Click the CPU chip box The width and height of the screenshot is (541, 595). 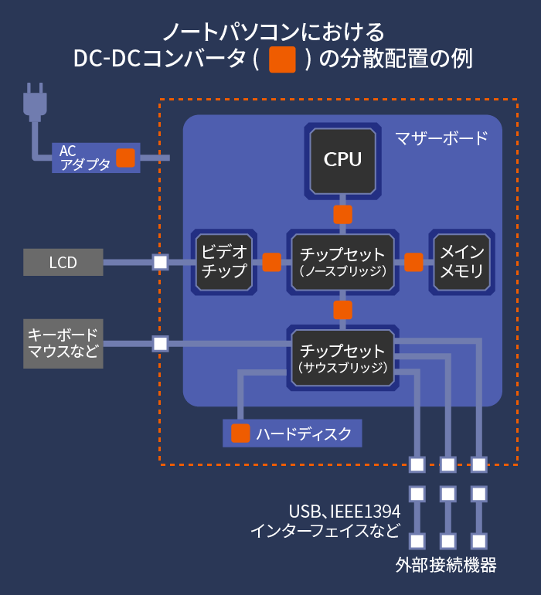343,161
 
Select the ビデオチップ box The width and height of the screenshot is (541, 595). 224,262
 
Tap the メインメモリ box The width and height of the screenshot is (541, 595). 461,262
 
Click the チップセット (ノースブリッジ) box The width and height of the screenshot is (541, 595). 343,262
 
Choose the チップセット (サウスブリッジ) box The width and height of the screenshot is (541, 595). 343,358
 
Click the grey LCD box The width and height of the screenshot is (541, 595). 63,262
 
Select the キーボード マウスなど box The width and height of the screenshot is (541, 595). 63,344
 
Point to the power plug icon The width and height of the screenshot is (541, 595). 35,103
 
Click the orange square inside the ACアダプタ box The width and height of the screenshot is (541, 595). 126,158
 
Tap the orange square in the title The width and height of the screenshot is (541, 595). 282,59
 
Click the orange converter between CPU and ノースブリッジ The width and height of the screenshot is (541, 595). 343,215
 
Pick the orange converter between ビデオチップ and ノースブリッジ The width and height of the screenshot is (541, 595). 272,262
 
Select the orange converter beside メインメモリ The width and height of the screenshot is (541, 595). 413,262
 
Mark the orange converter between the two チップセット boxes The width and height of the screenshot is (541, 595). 343,310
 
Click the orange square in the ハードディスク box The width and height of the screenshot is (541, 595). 240,433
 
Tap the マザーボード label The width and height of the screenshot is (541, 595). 441,138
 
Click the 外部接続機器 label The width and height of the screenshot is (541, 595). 446,566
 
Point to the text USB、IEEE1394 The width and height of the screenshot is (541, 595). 345,512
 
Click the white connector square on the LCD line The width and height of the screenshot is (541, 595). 160,262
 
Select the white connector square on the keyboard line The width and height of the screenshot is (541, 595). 160,344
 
